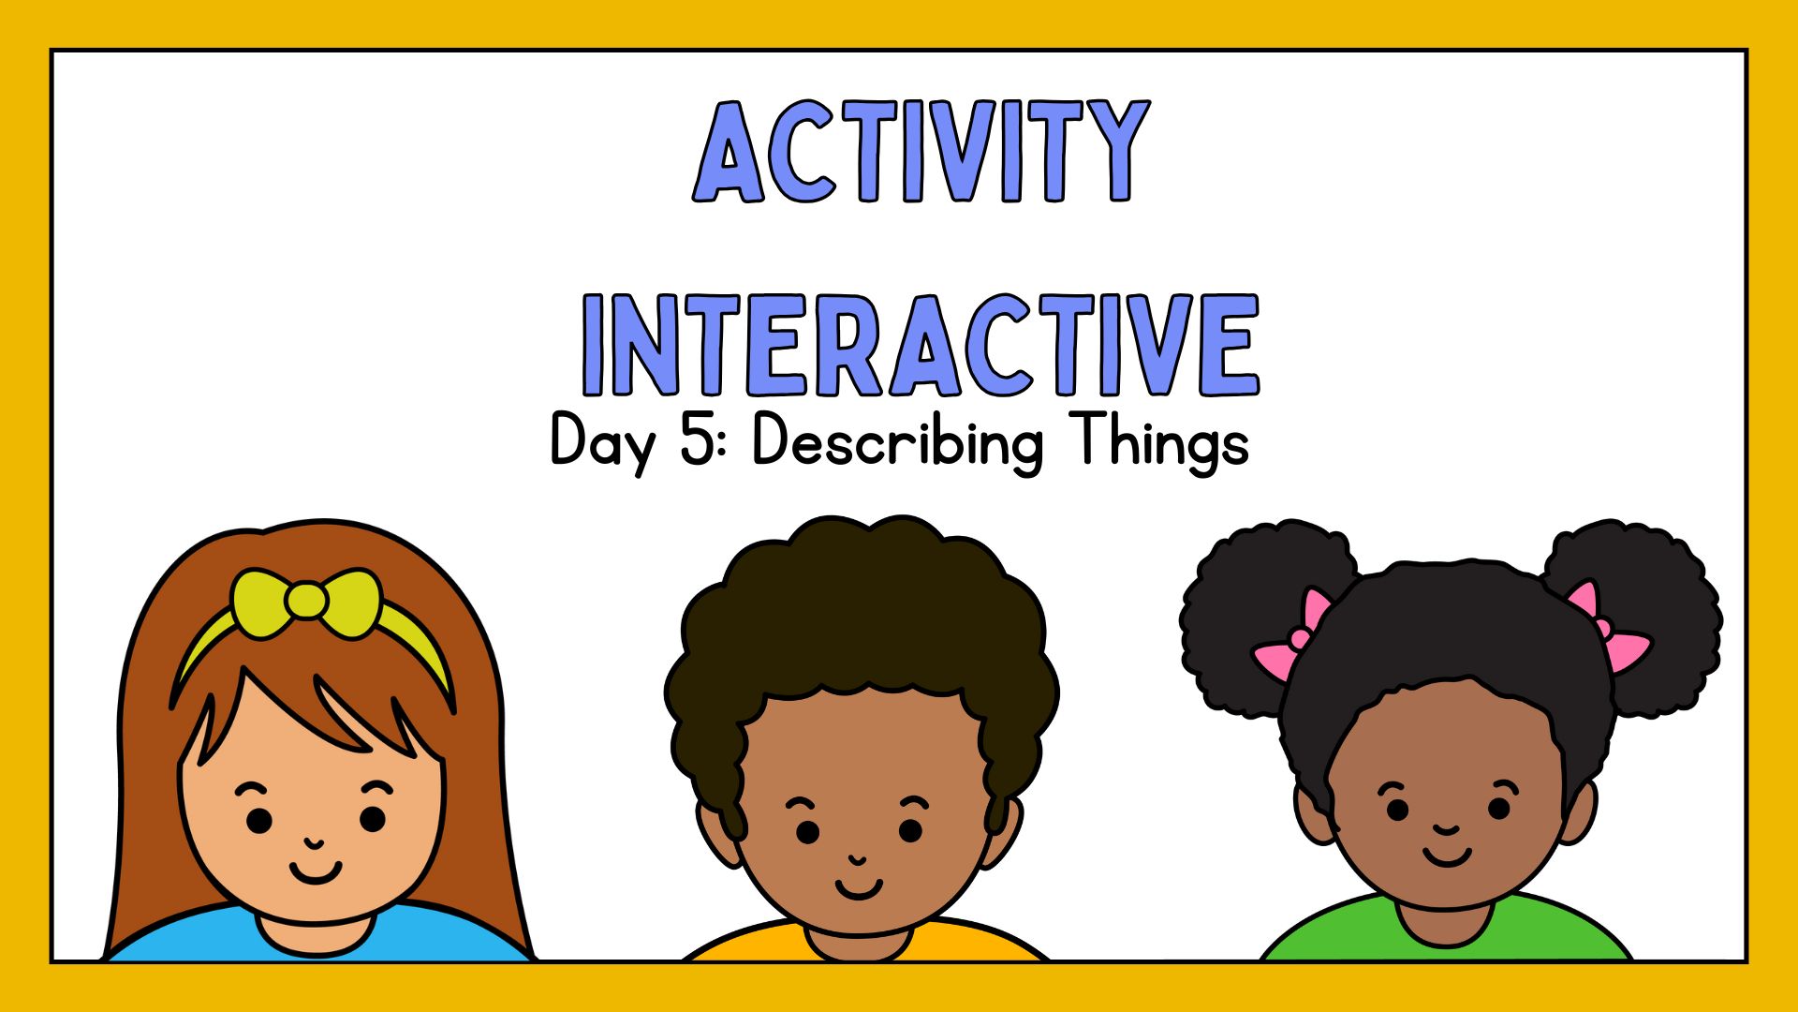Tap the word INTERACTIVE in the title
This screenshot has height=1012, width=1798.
[921, 344]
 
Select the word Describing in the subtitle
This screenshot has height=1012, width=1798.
[897, 441]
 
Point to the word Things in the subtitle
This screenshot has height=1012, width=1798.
[1161, 441]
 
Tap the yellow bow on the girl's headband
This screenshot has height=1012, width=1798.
[306, 602]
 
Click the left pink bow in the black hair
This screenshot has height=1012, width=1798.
[1293, 635]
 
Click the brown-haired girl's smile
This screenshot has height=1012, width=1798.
[316, 873]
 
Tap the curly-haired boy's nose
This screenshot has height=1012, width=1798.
[857, 859]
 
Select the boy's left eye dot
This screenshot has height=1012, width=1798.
[807, 831]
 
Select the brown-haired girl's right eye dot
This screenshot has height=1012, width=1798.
[373, 819]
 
